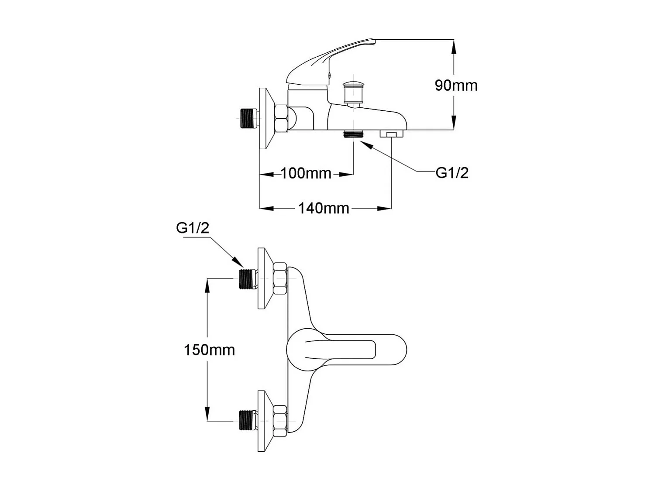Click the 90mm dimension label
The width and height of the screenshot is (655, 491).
click(x=456, y=85)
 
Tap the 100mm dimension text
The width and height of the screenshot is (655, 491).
click(x=306, y=173)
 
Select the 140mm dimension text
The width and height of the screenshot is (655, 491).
click(x=324, y=208)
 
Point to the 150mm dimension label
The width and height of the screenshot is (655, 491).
click(x=209, y=350)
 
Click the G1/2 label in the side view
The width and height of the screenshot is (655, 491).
click(x=452, y=173)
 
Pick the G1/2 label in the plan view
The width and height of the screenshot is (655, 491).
click(x=193, y=227)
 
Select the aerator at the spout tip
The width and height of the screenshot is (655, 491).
click(x=391, y=134)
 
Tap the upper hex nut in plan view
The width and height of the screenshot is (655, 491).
click(x=280, y=278)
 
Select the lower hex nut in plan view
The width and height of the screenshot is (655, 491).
click(x=280, y=421)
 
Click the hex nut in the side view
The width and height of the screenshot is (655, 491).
click(x=281, y=118)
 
